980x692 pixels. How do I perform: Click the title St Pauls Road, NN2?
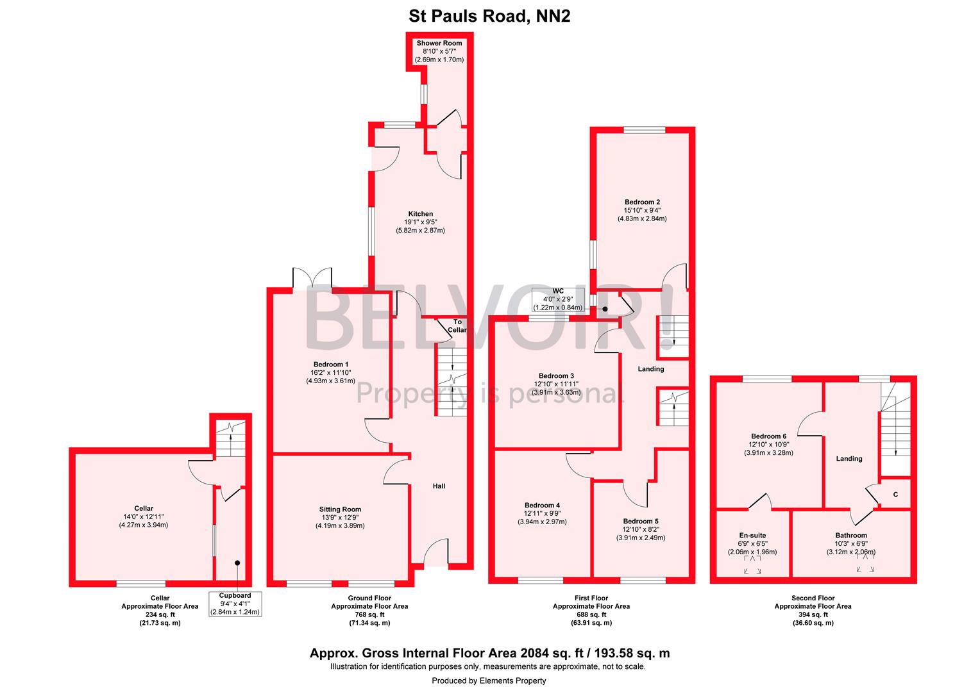point(489,15)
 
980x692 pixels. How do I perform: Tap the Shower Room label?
point(439,44)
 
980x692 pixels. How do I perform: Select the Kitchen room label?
point(421,214)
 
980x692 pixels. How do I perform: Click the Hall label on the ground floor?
point(439,486)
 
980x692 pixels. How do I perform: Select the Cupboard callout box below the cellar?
point(235,604)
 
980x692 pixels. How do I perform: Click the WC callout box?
point(558,299)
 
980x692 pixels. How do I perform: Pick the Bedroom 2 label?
point(642,202)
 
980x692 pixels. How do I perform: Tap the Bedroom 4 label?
point(542,506)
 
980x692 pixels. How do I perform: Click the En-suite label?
point(752,536)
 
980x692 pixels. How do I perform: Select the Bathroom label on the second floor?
point(851,536)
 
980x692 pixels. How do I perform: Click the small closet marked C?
point(895,494)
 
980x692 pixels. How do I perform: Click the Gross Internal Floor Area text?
point(489,654)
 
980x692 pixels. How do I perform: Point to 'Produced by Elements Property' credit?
point(489,680)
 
